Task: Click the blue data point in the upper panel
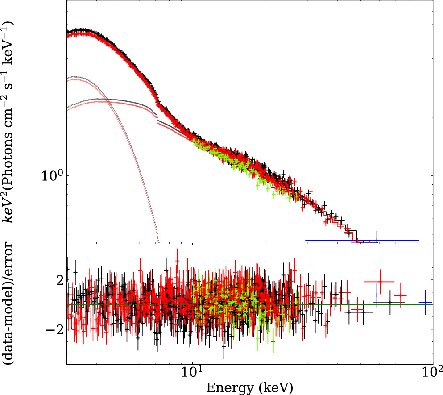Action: click(377, 240)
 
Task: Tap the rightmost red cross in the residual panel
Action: click(400, 295)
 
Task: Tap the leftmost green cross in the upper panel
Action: click(195, 142)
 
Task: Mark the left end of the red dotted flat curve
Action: click(67, 109)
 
